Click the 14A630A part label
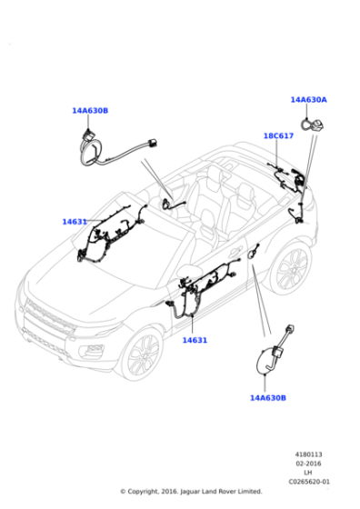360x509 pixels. pos(308,100)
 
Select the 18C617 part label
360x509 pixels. pos(278,135)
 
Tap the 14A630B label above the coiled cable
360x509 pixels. pos(90,111)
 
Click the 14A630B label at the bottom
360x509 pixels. pos(268,398)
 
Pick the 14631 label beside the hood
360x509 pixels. pos(75,222)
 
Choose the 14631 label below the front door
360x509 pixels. pos(195,340)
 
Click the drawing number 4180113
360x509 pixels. pos(308,454)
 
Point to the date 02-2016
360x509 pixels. pos(308,464)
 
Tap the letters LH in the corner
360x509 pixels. pos(308,473)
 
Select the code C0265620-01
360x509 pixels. pos(309,482)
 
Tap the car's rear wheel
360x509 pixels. pos(290,267)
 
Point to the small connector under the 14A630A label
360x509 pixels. pos(314,125)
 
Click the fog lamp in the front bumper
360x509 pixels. pos(93,350)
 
